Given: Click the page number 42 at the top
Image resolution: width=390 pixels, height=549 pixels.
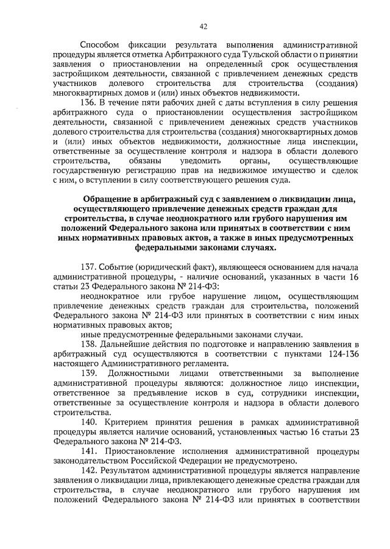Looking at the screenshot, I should tap(204, 26).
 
